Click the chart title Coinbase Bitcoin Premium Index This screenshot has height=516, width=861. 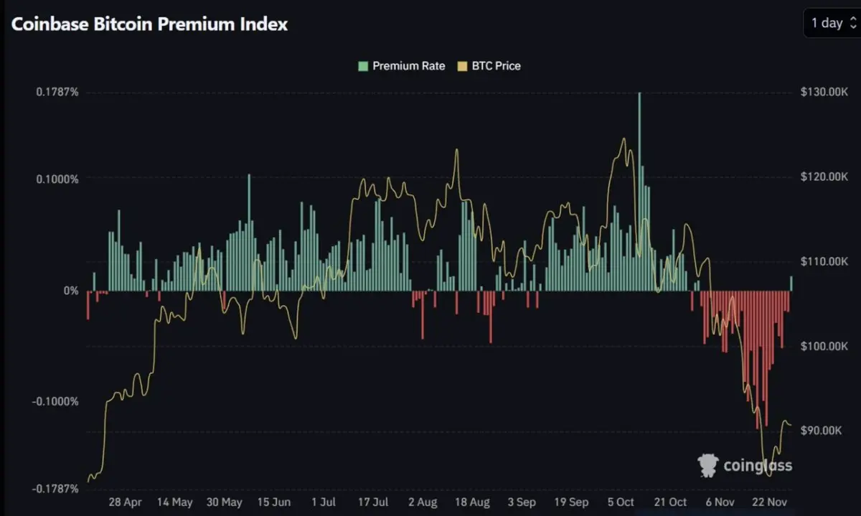click(x=149, y=24)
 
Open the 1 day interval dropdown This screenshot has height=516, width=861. click(x=832, y=23)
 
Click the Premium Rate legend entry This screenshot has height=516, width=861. click(x=402, y=66)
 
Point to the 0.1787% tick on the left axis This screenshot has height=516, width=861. click(x=55, y=92)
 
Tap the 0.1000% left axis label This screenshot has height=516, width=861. click(x=55, y=178)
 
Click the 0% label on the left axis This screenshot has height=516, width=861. click(x=71, y=291)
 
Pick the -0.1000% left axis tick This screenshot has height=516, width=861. click(x=53, y=401)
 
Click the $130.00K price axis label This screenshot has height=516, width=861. click(x=824, y=92)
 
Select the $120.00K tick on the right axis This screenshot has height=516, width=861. click(x=824, y=177)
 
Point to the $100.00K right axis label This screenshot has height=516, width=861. click(x=824, y=346)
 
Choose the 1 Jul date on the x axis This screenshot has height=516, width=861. click(x=323, y=502)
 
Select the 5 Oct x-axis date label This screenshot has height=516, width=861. click(x=621, y=502)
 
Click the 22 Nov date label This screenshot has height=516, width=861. click(x=771, y=502)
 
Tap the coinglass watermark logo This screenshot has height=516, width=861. click(x=745, y=466)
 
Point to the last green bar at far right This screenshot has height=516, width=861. click(x=792, y=283)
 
